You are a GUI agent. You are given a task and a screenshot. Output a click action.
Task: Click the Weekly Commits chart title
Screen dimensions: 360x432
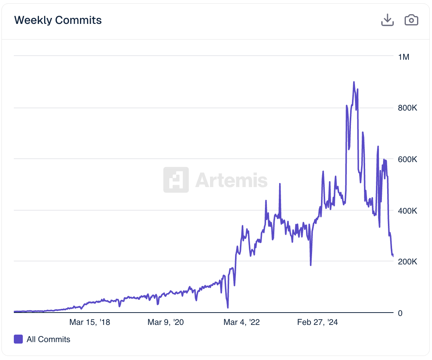(x=58, y=20)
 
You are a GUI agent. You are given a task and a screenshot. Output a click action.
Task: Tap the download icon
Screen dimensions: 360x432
(x=388, y=20)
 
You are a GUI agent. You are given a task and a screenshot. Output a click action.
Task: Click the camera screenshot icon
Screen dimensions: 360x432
(x=411, y=20)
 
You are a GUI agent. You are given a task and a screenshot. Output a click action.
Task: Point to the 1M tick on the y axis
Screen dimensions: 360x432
(x=404, y=57)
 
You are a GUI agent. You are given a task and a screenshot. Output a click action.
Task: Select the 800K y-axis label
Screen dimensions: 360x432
(x=407, y=108)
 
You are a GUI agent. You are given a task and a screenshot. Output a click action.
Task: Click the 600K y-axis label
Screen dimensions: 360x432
(x=407, y=159)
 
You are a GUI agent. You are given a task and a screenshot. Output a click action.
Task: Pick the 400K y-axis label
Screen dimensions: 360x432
(x=407, y=211)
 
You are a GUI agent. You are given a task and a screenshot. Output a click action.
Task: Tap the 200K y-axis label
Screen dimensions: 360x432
(x=407, y=261)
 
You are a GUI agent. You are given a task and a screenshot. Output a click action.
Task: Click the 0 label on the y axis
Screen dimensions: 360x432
(x=400, y=313)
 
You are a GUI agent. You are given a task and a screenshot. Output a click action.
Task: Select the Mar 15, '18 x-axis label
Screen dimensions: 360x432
(x=90, y=322)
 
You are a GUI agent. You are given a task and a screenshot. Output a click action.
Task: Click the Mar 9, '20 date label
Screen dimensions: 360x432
(x=166, y=322)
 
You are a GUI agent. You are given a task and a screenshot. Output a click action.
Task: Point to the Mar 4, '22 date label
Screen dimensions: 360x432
(x=241, y=322)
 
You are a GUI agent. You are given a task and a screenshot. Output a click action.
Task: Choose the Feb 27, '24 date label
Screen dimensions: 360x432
(x=317, y=322)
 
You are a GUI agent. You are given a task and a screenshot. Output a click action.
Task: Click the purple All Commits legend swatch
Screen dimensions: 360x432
(x=18, y=339)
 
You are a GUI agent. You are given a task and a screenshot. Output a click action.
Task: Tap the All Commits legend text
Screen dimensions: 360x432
(x=48, y=339)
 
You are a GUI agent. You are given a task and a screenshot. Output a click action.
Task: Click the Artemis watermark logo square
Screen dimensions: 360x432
(x=176, y=180)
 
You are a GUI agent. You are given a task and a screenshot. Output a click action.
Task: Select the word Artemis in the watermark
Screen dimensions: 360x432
(x=231, y=180)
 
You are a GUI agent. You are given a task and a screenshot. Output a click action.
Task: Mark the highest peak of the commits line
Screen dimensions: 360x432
(x=354, y=82)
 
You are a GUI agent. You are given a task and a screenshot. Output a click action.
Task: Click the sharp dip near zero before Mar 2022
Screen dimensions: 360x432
(x=228, y=307)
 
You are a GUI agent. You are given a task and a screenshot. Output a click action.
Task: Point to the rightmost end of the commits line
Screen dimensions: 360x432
(x=393, y=256)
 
